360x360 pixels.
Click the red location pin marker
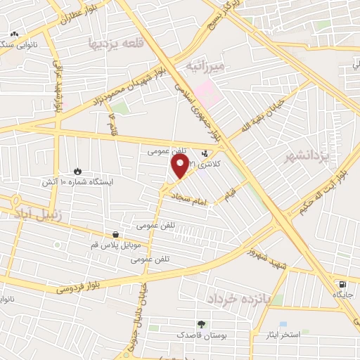180,167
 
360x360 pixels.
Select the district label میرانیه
205,66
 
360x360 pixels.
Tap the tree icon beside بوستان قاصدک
202,325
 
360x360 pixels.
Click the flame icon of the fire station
77,171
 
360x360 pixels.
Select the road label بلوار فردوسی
70,285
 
